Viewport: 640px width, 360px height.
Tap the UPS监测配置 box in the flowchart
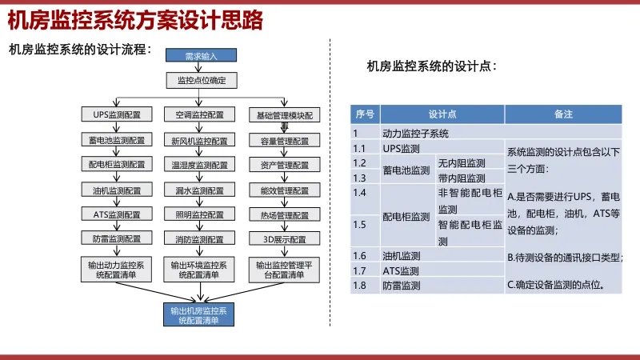[116, 115]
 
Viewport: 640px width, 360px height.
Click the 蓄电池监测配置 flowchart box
[116, 141]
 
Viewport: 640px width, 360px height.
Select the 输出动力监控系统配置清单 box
[116, 269]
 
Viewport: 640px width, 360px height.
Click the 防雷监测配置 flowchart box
[116, 239]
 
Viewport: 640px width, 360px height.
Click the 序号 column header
[365, 114]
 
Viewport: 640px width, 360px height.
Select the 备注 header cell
[563, 114]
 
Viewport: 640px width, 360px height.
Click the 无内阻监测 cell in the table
[462, 163]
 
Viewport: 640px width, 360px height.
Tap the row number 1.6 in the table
[360, 256]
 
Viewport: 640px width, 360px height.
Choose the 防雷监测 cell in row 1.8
[402, 285]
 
